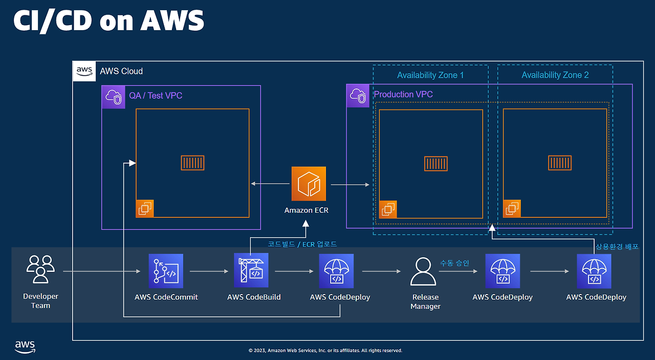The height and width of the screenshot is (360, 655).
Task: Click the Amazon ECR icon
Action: pos(309,184)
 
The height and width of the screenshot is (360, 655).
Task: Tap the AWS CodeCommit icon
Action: pos(166,271)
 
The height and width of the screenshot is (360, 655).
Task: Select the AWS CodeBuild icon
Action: pos(251,271)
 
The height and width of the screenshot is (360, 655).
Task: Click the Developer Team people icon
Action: pos(40,269)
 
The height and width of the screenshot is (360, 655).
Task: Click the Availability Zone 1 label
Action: pos(430,75)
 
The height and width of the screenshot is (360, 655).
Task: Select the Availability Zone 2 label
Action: pos(555,75)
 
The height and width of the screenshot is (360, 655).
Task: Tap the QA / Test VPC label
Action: pos(155,96)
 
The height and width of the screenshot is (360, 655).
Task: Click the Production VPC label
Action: pos(403,95)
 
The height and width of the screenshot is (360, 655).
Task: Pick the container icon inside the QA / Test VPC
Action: pos(192,163)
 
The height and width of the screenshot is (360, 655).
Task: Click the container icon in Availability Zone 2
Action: pos(560,163)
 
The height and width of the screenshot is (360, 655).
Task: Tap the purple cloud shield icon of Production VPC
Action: pos(358,96)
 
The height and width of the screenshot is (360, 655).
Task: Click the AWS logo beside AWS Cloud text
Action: pos(84,71)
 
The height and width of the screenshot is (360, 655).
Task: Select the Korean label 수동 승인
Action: pos(454,263)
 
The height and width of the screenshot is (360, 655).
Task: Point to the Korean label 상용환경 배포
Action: pos(617,246)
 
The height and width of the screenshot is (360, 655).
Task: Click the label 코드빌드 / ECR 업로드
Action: pos(302,244)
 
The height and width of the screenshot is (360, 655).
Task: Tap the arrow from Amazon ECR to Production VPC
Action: pos(351,184)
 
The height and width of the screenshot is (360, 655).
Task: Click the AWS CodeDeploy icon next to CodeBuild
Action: pos(336,271)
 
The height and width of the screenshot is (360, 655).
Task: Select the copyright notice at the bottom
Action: pos(325,350)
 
